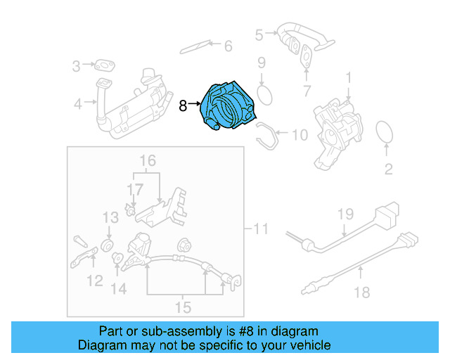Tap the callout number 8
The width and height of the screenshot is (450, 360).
[183, 106]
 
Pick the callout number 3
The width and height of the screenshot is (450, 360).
[77, 67]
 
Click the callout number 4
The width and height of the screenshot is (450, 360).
[77, 105]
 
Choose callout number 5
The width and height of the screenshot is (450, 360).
[259, 34]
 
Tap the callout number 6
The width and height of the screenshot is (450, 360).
[227, 46]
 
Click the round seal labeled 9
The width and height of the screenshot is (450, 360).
[265, 94]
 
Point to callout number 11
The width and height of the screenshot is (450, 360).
[261, 229]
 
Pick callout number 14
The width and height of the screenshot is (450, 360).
[118, 288]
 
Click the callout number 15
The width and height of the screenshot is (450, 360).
[183, 307]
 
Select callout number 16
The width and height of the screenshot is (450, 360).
[146, 162]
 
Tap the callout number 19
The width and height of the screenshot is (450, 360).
[344, 213]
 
